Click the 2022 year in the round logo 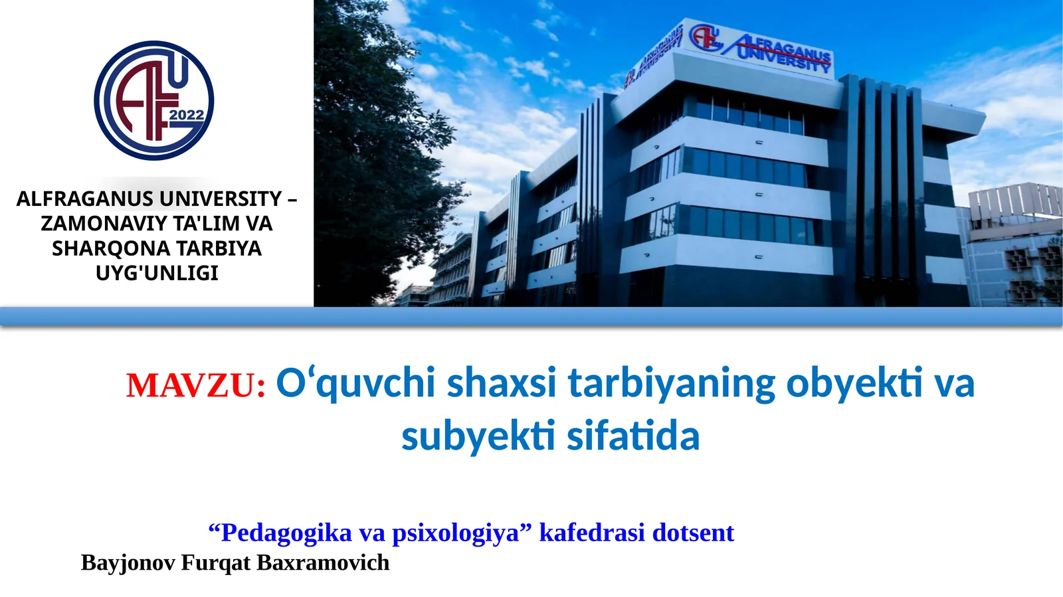(x=186, y=115)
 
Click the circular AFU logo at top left (x=153, y=100)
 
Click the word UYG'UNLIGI (x=157, y=273)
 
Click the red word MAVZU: (x=196, y=386)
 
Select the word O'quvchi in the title (x=355, y=383)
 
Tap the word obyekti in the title (x=854, y=383)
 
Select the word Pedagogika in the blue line (x=286, y=533)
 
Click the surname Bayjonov (x=128, y=562)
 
